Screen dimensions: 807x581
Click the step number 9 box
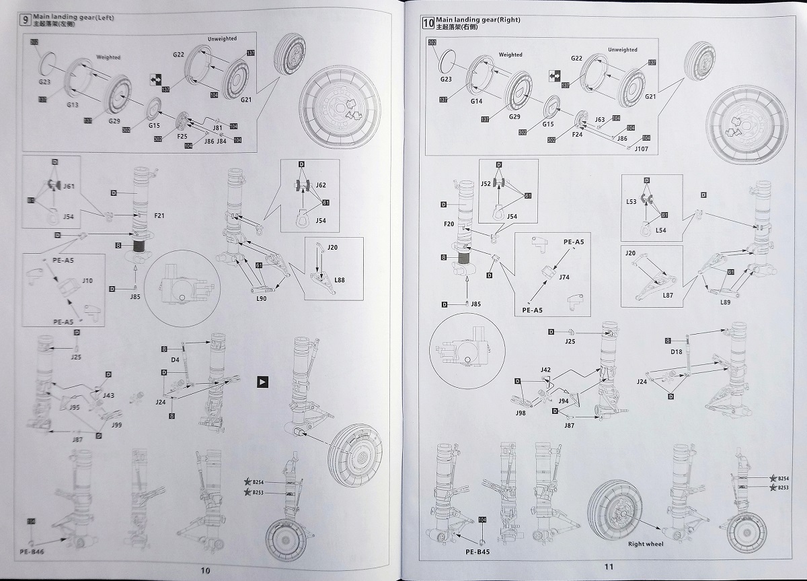tap(26, 20)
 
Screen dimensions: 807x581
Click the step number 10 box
tap(427, 23)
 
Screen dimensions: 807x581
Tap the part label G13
tap(73, 105)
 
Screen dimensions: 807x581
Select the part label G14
tap(476, 101)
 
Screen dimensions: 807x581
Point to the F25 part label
tap(182, 137)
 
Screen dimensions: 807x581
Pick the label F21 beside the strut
tap(159, 216)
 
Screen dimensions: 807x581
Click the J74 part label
tap(565, 277)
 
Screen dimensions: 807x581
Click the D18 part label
tap(677, 351)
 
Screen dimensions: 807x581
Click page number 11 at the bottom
tap(609, 567)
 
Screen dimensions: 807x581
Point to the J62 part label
tap(321, 184)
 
